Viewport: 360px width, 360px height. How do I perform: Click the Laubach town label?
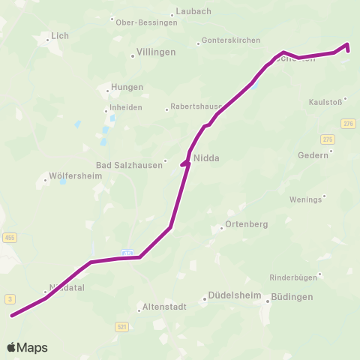(x=193, y=12)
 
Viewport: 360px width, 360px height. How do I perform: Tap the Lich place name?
(x=59, y=36)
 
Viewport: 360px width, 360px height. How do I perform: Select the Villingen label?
(x=156, y=52)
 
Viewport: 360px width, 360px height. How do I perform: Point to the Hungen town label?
(x=127, y=87)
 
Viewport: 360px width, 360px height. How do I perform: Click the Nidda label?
(x=206, y=158)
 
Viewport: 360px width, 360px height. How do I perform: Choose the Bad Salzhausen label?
(x=129, y=166)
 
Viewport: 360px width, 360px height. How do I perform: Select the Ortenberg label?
(x=247, y=224)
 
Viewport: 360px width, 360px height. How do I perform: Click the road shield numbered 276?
(x=347, y=123)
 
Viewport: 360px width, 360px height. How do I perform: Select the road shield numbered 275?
(x=328, y=139)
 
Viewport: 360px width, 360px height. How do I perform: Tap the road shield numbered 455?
(x=9, y=237)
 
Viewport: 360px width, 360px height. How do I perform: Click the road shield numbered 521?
(x=122, y=326)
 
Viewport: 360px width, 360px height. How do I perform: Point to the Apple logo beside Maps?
(x=12, y=347)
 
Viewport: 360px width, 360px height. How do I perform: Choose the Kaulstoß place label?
(x=325, y=102)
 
